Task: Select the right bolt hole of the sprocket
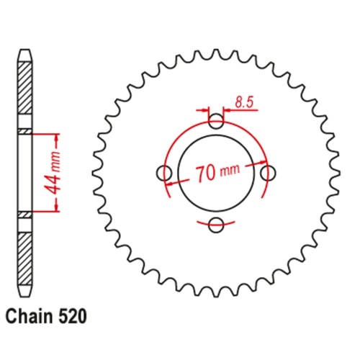pos(268,173)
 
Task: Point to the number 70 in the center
pos(204,174)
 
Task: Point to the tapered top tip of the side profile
pos(25,55)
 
